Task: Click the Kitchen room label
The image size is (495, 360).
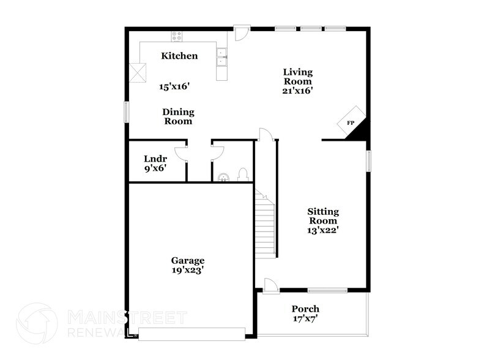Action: pos(179,56)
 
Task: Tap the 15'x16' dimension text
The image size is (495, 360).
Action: pos(174,86)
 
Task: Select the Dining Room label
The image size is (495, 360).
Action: pos(178,116)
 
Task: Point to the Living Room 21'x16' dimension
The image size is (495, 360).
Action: pos(297,91)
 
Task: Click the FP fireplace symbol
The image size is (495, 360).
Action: pos(352,123)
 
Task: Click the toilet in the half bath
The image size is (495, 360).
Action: pos(242,174)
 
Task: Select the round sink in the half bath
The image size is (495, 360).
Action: pos(224,178)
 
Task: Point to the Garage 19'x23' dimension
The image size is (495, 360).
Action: pos(188,269)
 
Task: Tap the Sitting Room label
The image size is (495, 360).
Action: pos(323,216)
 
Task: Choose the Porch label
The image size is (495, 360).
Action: pos(305,309)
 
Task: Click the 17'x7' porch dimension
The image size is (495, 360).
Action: pos(305,318)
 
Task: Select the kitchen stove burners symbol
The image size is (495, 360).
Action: pos(177,36)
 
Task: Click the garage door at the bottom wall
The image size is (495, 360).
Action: pos(192,333)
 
